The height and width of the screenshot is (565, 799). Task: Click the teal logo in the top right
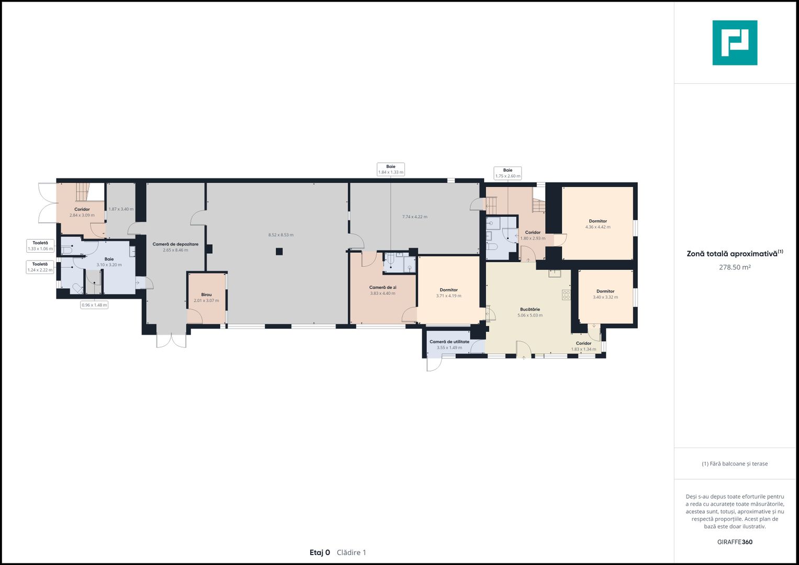click(x=735, y=43)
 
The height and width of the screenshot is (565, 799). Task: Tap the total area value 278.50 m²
click(x=735, y=267)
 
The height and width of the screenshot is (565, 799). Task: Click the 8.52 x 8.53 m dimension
click(x=281, y=235)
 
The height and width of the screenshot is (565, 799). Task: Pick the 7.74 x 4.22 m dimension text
click(x=414, y=217)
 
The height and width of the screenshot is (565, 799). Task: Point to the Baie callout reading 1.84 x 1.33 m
click(x=391, y=169)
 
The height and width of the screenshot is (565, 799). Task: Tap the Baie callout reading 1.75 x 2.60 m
click(x=508, y=173)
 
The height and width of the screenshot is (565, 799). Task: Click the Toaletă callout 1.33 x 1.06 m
click(x=40, y=246)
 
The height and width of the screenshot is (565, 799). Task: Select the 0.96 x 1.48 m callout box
click(x=94, y=305)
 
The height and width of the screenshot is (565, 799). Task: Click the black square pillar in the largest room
click(x=279, y=252)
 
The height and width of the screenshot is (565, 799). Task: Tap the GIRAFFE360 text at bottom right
click(x=735, y=542)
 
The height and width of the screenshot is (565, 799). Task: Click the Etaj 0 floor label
click(x=320, y=552)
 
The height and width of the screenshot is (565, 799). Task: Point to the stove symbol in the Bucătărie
click(x=566, y=295)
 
